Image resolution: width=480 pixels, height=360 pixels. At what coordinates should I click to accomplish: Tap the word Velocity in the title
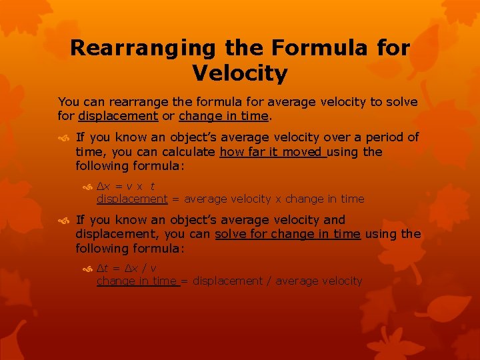pos(240,73)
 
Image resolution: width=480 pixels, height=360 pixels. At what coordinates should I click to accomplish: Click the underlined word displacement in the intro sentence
pos(118,116)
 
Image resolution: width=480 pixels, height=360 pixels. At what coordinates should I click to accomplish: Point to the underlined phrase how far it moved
pos(273,151)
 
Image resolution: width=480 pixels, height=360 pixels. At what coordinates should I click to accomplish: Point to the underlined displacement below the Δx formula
pos(132,199)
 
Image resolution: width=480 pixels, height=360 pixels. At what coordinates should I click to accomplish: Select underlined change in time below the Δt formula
pos(137,281)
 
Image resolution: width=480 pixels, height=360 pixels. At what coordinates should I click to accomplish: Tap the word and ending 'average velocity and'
pos(334,219)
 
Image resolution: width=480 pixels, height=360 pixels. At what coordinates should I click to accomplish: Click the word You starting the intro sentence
pos(68,102)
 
